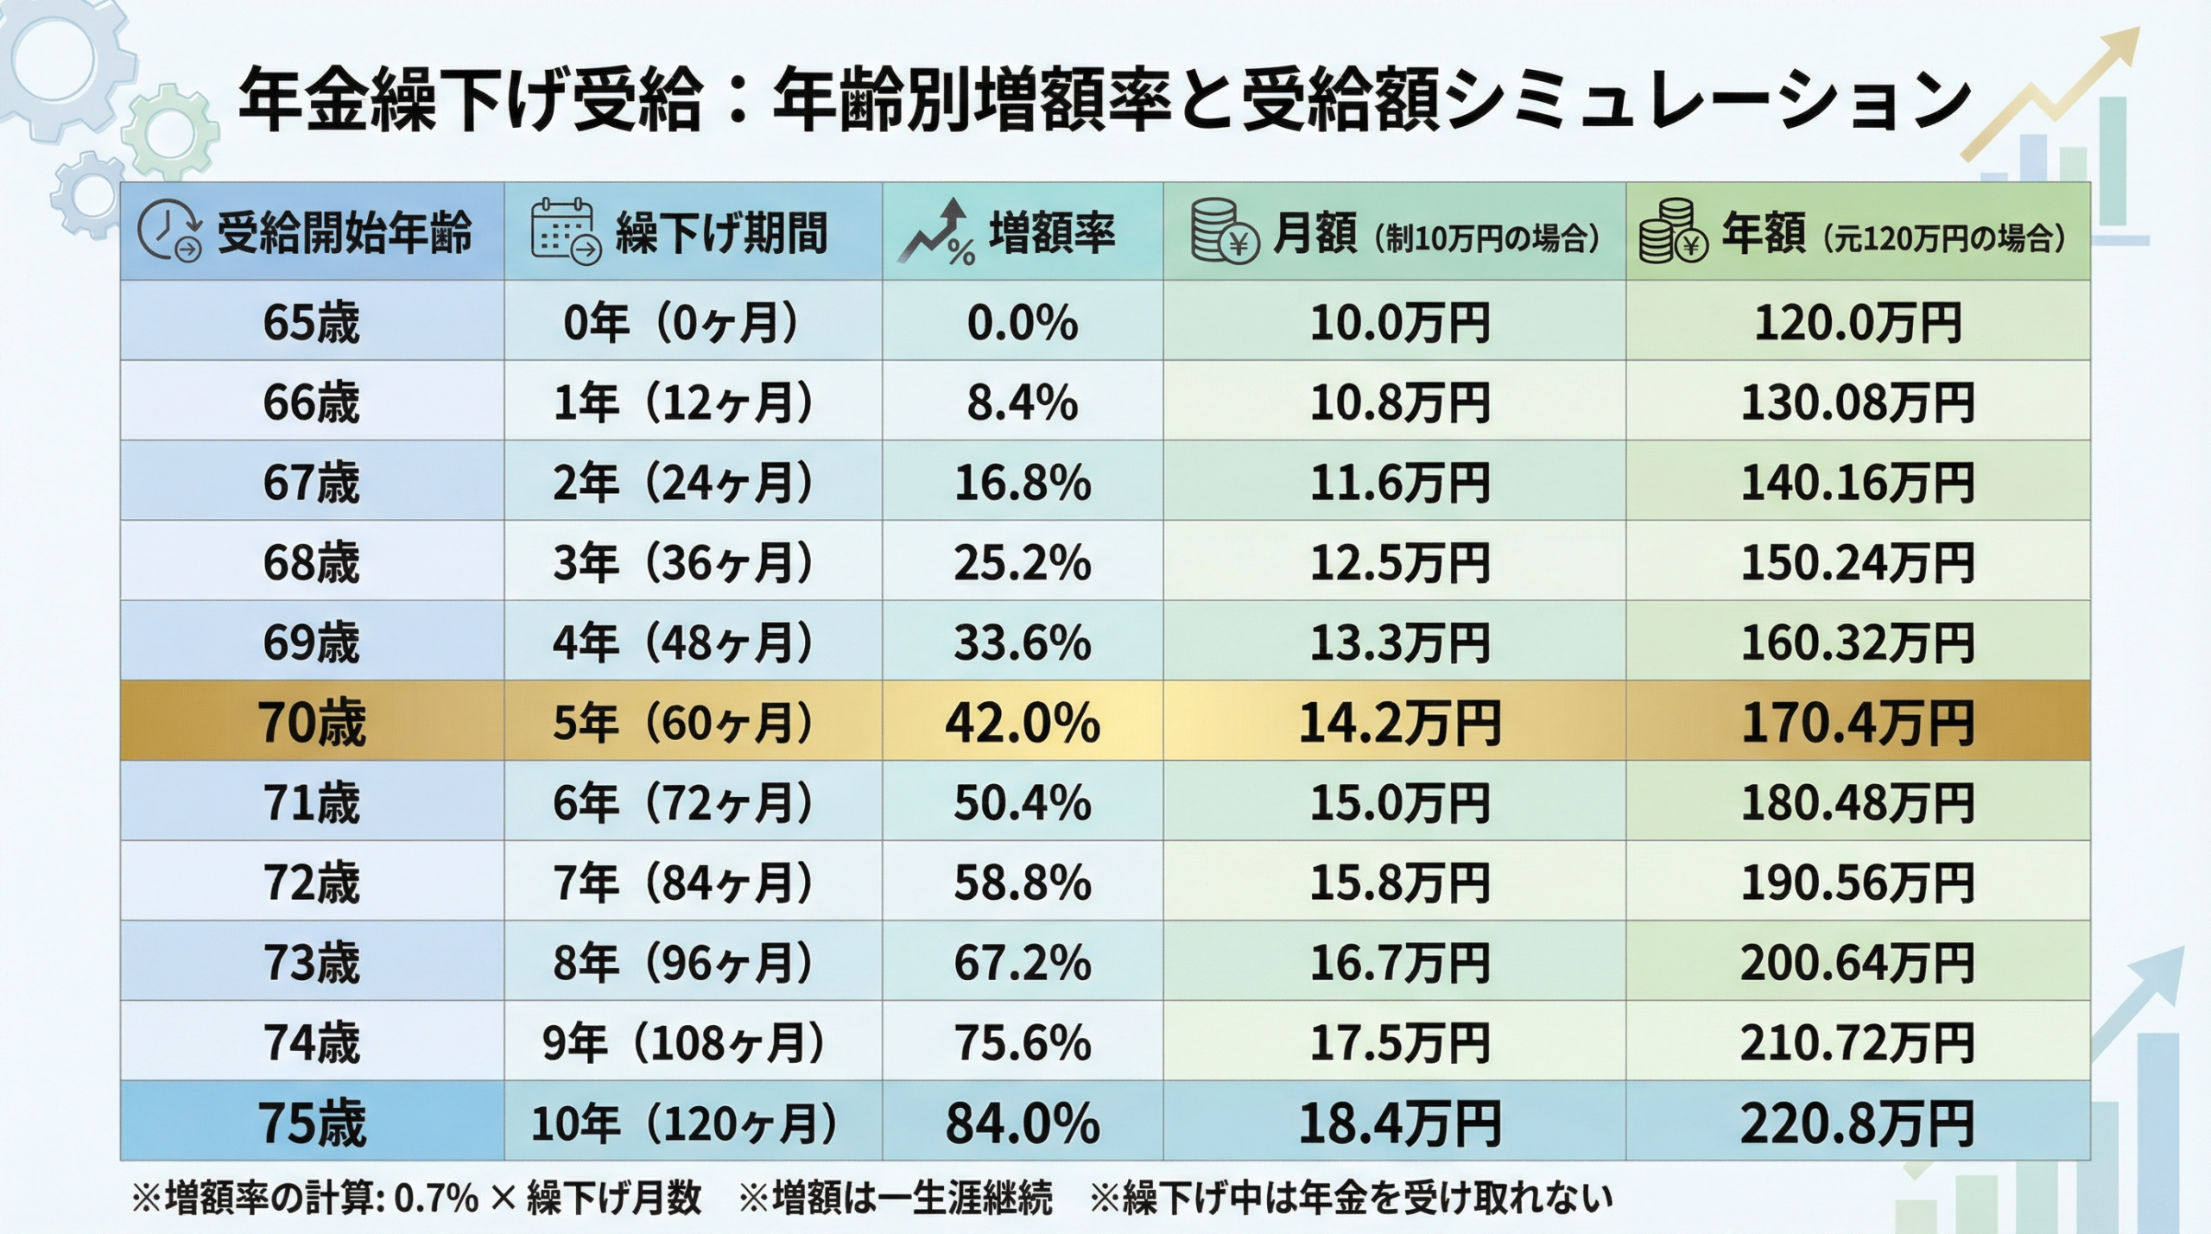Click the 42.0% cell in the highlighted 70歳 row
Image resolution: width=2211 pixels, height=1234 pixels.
[1022, 723]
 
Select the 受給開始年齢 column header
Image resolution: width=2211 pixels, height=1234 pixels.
[344, 234]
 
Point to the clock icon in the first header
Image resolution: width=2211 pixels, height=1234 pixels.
[169, 231]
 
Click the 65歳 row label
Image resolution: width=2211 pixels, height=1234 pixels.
[311, 323]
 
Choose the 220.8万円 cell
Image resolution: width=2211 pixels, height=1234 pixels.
[1857, 1123]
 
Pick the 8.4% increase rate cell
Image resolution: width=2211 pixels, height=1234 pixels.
[1022, 403]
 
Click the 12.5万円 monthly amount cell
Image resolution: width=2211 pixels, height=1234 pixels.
[1399, 563]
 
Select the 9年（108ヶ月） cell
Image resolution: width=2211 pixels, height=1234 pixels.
[682, 1043]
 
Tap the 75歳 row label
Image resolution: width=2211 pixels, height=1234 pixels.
[311, 1123]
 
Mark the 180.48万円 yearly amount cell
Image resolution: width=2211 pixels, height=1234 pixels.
[1857, 803]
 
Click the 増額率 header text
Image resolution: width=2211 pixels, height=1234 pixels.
[1052, 234]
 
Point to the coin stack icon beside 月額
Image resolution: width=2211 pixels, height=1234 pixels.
[1223, 231]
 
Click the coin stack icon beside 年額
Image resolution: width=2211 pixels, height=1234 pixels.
[1673, 231]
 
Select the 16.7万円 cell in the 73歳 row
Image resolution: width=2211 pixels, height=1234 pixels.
[1399, 963]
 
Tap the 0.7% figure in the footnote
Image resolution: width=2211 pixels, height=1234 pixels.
[435, 1199]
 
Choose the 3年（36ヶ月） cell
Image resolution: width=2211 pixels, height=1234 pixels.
[682, 563]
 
